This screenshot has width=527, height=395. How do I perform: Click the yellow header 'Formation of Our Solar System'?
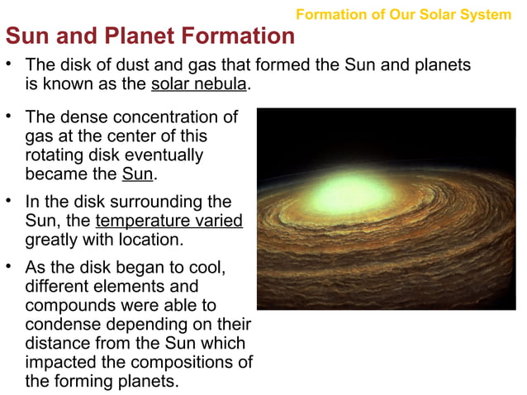tap(403, 15)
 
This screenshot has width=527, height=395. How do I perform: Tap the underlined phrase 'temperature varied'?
tap(169, 221)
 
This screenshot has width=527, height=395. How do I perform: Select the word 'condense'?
tap(59, 324)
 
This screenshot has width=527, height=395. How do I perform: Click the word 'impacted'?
tap(59, 362)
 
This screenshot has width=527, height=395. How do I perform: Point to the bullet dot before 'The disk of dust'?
tap(10, 64)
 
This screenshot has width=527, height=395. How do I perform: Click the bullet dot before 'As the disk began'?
tap(10, 266)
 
